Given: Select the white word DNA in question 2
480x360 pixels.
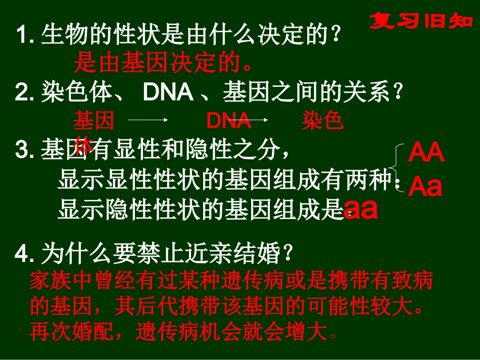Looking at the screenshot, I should (x=168, y=92).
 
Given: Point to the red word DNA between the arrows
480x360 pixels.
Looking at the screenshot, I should (x=229, y=121).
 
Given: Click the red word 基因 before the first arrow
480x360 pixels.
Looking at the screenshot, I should (x=94, y=121).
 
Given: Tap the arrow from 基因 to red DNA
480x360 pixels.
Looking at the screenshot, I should (x=148, y=120).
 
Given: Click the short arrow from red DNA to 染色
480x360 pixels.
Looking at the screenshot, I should (x=259, y=120).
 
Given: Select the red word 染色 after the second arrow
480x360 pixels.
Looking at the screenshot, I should (x=323, y=121).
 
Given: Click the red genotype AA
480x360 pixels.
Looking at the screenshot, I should (x=426, y=153).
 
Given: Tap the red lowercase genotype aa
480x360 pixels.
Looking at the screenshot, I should (x=361, y=210).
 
